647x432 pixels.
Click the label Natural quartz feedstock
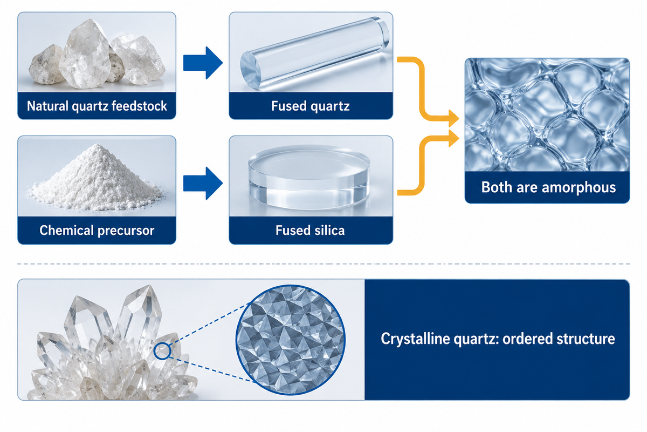coord(97,106)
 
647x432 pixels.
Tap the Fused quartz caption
coord(311,106)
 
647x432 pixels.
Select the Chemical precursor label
coord(97,231)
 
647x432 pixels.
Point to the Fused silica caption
coord(310,231)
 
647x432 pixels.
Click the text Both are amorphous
coord(548,187)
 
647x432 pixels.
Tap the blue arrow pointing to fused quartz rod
coord(203,63)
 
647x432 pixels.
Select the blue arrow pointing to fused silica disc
coord(203,183)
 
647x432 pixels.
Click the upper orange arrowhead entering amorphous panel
coord(454,118)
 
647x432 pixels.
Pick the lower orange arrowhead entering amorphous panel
coord(454,138)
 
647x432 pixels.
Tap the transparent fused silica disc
coord(309,177)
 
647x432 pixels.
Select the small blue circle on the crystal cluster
coord(162,351)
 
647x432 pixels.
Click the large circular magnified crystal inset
coord(291,340)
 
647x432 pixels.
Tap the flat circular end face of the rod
coord(250,70)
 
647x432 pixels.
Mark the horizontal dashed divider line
coord(323,264)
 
